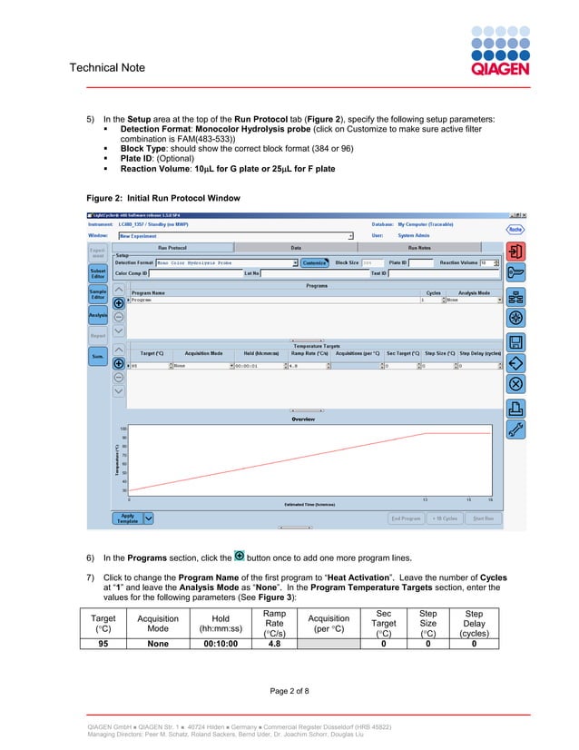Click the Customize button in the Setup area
(x=315, y=262)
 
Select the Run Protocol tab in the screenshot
(x=172, y=247)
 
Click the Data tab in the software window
(x=296, y=247)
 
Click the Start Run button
(x=483, y=518)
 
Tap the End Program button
(x=406, y=518)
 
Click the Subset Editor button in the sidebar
(x=97, y=274)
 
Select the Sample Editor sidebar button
(x=97, y=294)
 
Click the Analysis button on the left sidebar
(x=97, y=315)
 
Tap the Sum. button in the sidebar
(x=97, y=357)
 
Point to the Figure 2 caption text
(x=163, y=198)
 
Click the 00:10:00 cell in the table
(x=221, y=644)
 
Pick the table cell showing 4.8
(x=273, y=644)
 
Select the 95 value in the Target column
(x=91, y=644)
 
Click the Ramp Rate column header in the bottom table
(x=273, y=621)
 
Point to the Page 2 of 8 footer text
(x=289, y=691)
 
